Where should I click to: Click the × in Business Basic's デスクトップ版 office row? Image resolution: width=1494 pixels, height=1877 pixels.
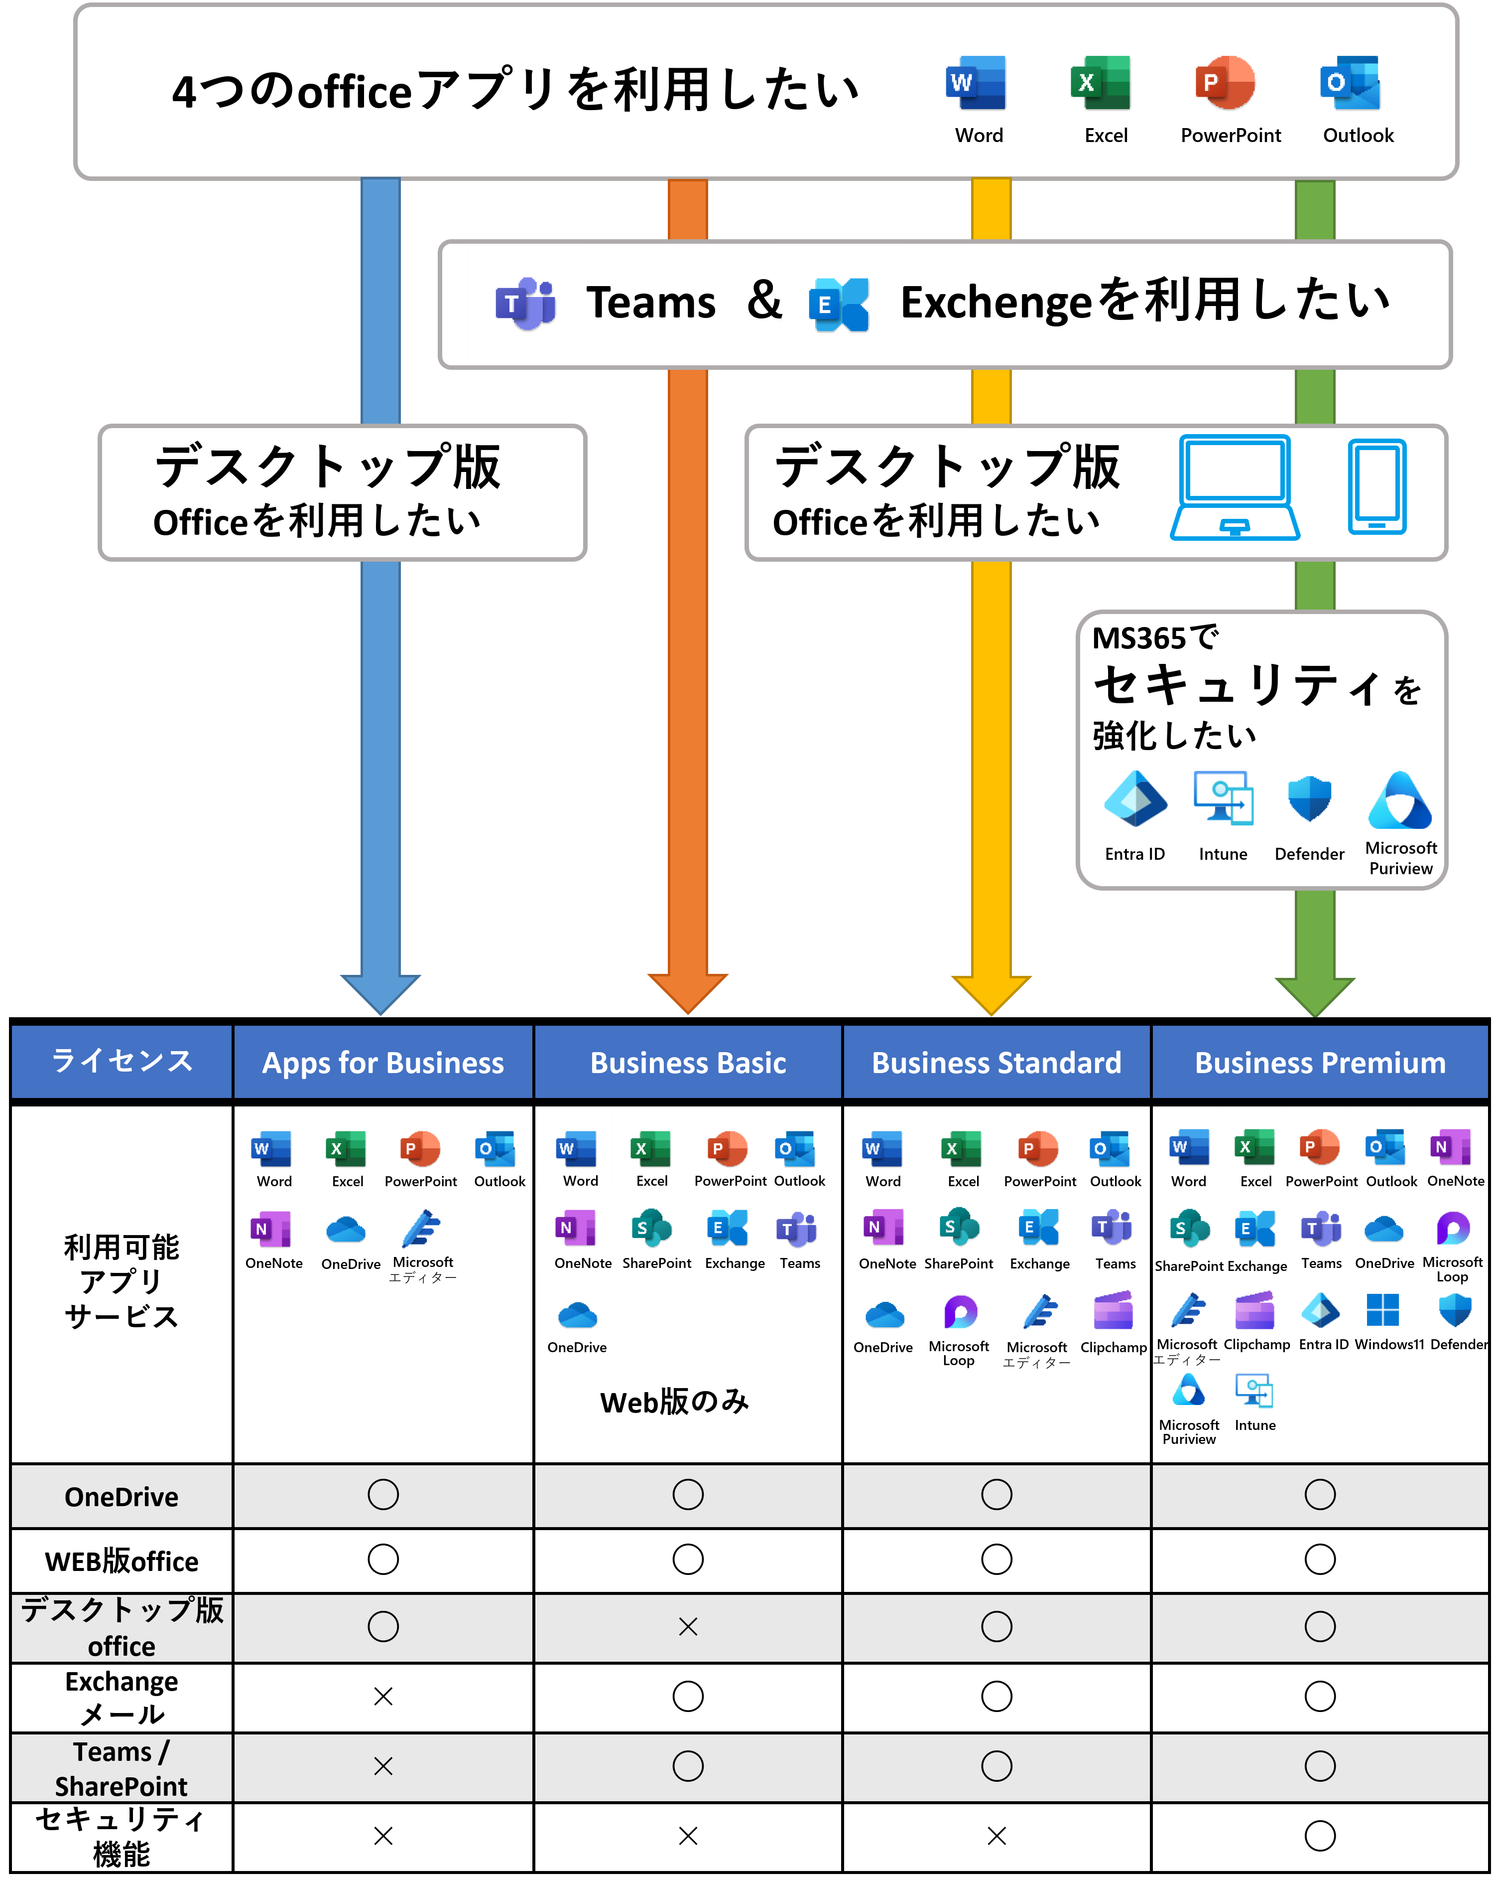point(687,1626)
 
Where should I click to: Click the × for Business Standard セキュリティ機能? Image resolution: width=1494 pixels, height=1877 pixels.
point(996,1835)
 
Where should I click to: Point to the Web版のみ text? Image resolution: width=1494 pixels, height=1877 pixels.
point(674,1402)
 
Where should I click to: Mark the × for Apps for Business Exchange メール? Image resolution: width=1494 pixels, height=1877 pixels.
point(383,1696)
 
